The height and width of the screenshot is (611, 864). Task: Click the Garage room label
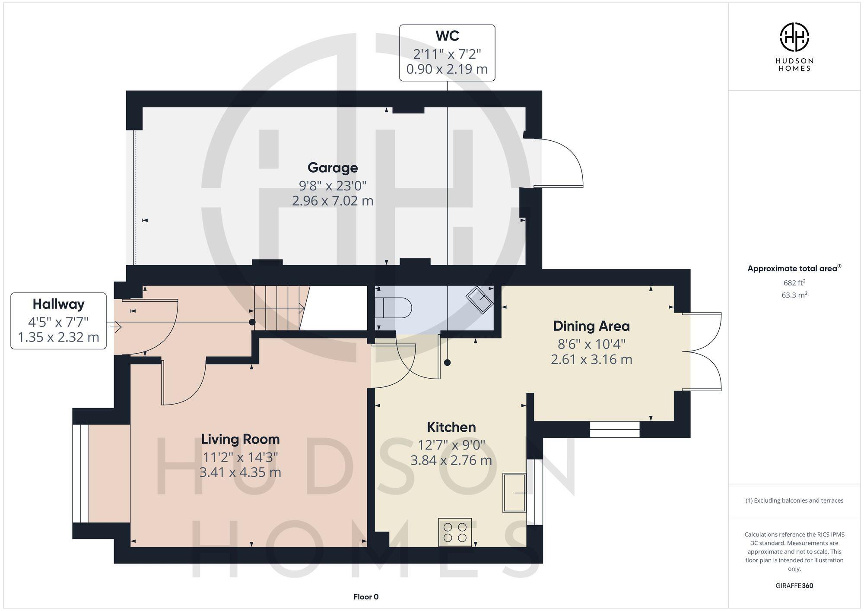point(332,168)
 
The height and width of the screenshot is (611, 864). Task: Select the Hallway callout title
point(58,304)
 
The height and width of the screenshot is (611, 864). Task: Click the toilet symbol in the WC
point(393,308)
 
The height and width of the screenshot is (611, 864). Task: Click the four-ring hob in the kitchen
point(455,532)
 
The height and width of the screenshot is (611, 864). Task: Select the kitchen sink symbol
point(514,493)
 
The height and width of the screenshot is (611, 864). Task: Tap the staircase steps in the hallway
point(279,307)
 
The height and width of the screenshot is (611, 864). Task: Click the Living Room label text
point(240,439)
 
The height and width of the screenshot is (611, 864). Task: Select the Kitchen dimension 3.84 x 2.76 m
point(451,460)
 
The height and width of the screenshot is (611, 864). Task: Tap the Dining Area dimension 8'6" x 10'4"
point(591,344)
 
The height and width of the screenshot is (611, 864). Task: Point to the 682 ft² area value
point(794,283)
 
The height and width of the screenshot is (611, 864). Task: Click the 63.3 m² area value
point(794,295)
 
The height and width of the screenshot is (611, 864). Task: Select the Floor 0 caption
point(366,597)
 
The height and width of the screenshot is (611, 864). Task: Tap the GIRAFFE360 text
point(794,586)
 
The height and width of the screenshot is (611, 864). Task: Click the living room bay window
point(81,474)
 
